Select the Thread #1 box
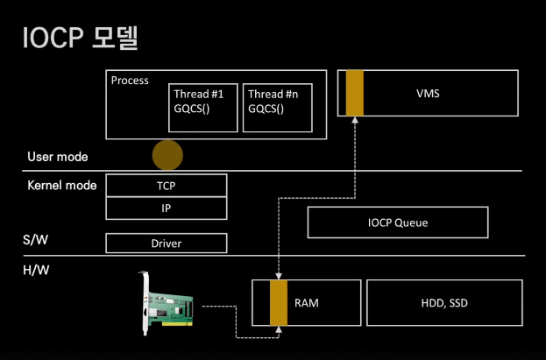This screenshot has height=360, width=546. click(203, 107)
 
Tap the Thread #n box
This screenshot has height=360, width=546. click(277, 107)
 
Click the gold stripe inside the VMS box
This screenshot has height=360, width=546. click(354, 93)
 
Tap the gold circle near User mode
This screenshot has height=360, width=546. click(167, 155)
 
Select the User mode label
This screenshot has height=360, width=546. click(58, 157)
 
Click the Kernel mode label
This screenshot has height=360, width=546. click(62, 186)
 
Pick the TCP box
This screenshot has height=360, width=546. click(166, 185)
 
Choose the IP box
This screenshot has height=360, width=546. click(166, 208)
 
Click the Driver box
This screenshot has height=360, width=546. click(166, 243)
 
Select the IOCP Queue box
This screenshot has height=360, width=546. click(397, 222)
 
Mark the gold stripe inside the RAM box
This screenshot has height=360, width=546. click(279, 302)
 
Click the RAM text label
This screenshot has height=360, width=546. click(307, 303)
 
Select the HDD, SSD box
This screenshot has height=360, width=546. click(443, 303)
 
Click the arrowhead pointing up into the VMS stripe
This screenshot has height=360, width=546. click(354, 122)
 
